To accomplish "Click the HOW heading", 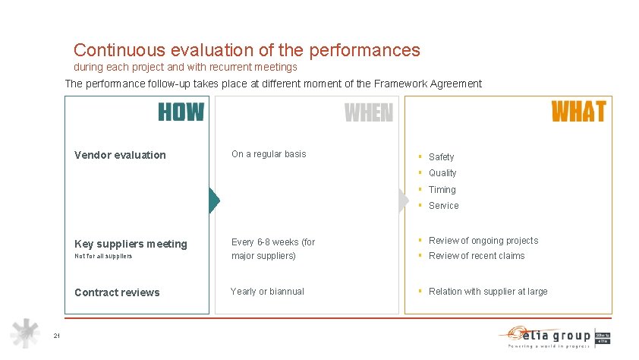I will (x=181, y=112).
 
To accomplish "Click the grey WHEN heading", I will (x=369, y=113).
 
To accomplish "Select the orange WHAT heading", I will (x=578, y=112).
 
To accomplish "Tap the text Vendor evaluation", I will (x=120, y=155).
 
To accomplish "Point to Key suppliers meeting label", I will (x=131, y=244).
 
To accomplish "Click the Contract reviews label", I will (x=117, y=292).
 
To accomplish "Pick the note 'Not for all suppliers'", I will (x=103, y=256).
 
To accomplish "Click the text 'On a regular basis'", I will (x=269, y=154).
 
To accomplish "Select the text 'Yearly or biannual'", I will (x=267, y=292).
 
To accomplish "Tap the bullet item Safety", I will (x=441, y=157).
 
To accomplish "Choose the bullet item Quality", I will (x=442, y=173).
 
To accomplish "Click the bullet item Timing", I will (x=442, y=190).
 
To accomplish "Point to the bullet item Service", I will (x=443, y=206).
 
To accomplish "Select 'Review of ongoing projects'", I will (x=483, y=241).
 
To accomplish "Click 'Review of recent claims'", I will (x=477, y=256).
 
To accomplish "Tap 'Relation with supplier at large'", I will (x=488, y=292).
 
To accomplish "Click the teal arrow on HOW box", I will (x=214, y=200).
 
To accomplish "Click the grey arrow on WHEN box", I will (x=403, y=200).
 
